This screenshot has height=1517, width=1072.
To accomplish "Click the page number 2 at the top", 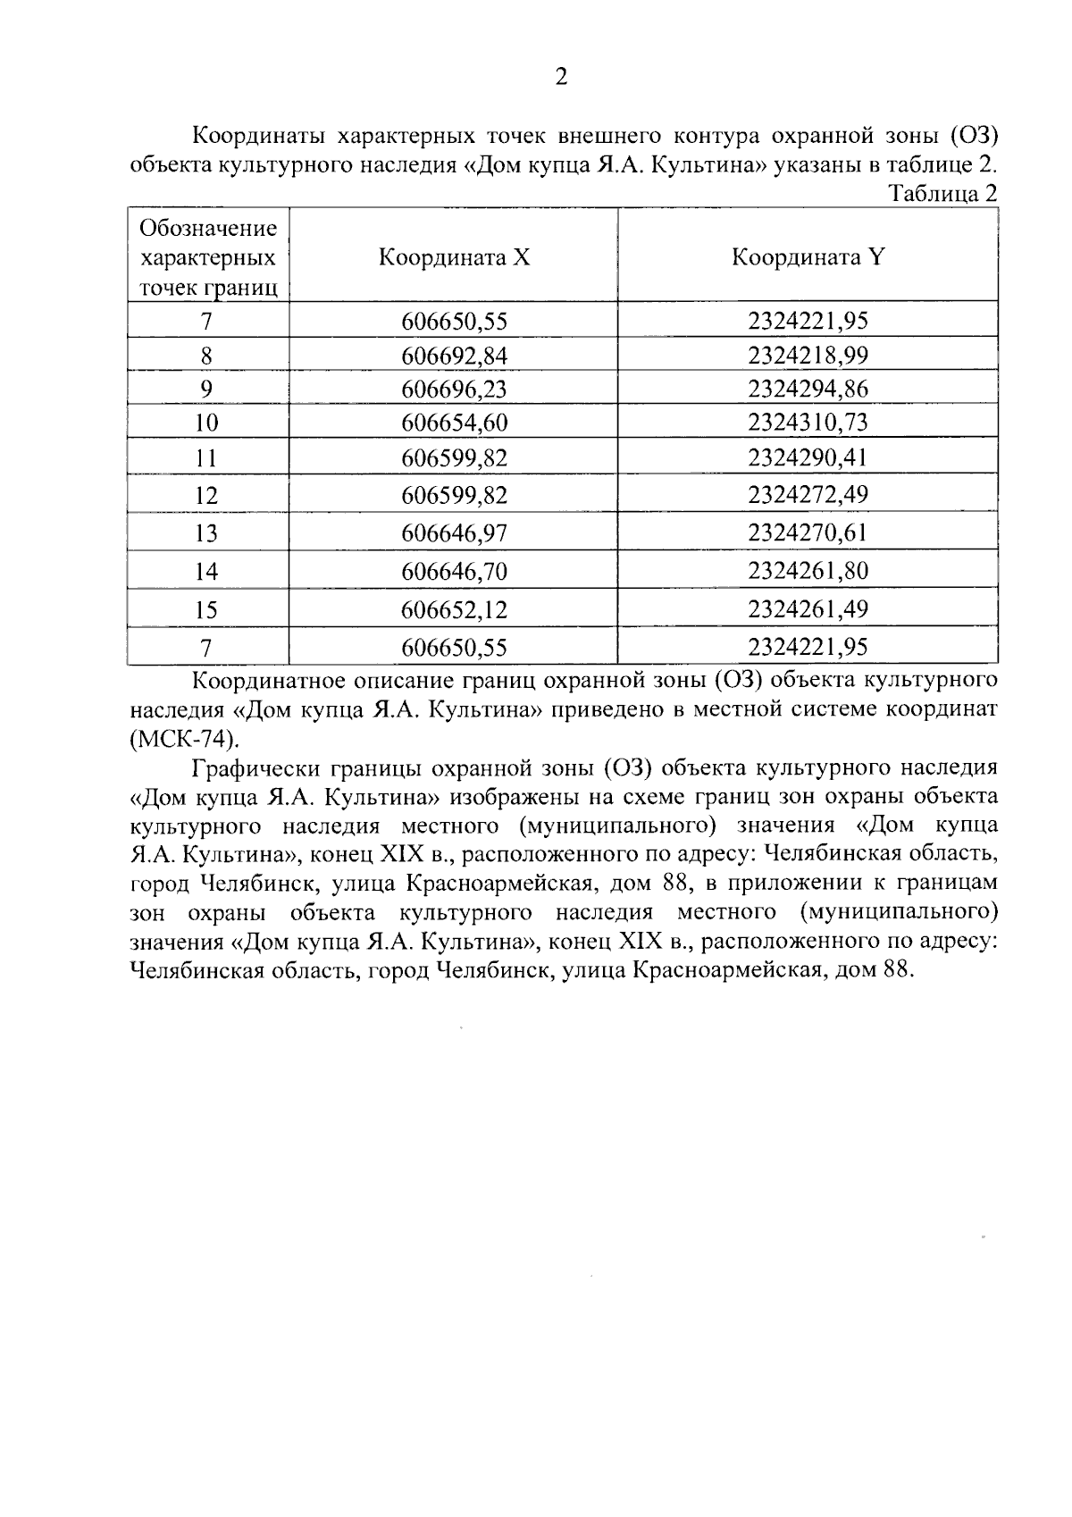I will coord(561,78).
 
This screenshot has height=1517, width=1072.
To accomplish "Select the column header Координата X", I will coord(454,257).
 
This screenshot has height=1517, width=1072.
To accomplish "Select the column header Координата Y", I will coord(808,257).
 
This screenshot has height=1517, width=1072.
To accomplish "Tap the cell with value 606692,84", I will coord(454,356).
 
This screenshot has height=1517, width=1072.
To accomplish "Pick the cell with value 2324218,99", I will coord(808,356).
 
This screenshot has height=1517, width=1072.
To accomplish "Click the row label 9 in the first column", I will coord(207,389).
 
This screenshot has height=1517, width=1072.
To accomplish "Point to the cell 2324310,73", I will coord(808,422).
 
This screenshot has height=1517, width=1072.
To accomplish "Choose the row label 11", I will coord(207,458).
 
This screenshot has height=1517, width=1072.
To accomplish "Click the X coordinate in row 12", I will coord(454,495).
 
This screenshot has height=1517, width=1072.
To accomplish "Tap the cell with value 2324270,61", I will coord(808,532).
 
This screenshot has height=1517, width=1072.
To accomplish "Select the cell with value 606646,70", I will coord(454,571).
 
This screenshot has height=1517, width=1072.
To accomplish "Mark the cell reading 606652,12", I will coord(454,609).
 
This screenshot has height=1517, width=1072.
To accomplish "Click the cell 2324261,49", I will coord(808,609).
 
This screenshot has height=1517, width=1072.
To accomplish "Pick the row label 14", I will coord(207,571).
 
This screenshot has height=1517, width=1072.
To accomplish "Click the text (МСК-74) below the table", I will coord(185,739).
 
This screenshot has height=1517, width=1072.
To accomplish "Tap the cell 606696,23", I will coord(454,389).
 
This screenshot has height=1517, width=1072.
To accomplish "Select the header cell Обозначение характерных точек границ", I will coord(207,257).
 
